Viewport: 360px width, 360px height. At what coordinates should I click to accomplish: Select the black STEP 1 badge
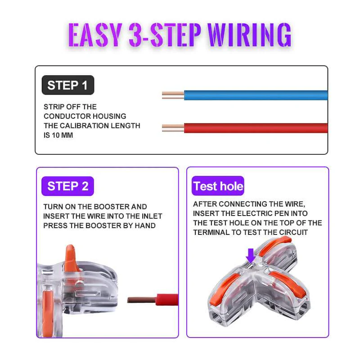(67, 85)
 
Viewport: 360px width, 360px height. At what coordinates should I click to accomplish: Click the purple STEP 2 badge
(67, 186)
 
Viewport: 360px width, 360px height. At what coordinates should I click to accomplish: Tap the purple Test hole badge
(218, 186)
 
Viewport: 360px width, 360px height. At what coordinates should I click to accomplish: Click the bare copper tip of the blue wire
(173, 95)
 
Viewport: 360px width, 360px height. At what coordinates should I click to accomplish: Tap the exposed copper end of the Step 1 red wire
(173, 128)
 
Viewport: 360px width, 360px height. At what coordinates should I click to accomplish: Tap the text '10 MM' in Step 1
(62, 135)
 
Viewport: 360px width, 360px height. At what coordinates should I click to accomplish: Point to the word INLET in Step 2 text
(151, 216)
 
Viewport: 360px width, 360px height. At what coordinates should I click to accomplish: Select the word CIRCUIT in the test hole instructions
(292, 232)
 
